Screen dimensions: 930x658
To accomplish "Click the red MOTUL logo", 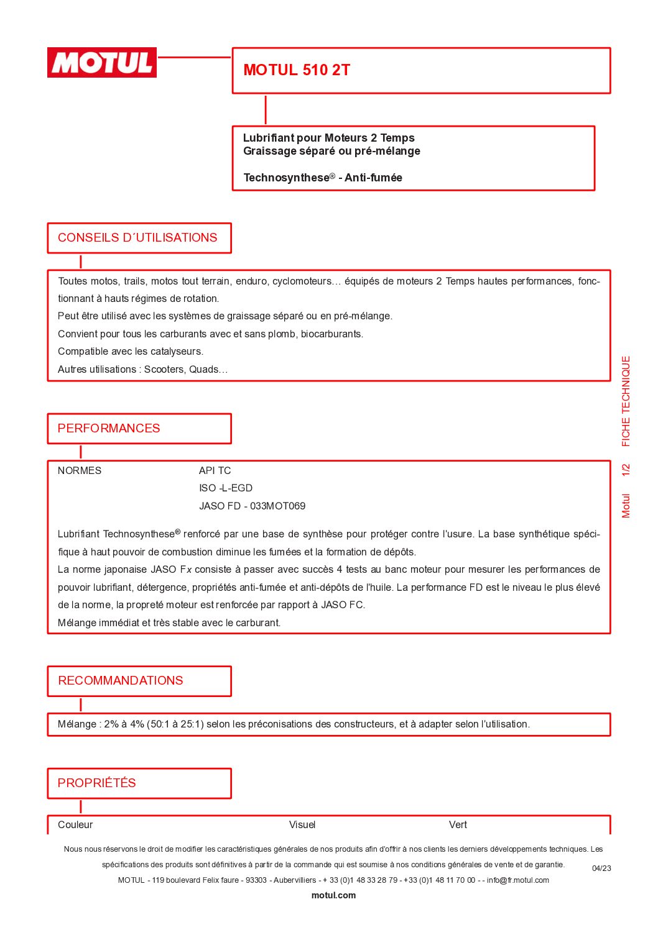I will [x=102, y=63].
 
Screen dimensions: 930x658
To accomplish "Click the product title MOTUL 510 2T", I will [x=297, y=70].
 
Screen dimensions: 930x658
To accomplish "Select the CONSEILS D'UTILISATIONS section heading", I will [x=137, y=238].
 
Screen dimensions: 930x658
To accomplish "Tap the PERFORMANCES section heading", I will [x=109, y=429].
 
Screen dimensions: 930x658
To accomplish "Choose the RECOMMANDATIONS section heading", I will [x=121, y=681].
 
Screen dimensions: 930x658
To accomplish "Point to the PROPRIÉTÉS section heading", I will [x=97, y=783].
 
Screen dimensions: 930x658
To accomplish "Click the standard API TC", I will [x=215, y=471].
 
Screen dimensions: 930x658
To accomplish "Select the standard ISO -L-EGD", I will [x=226, y=488].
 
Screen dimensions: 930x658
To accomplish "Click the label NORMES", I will [x=80, y=471].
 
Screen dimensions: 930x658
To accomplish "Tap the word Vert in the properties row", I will [x=458, y=825].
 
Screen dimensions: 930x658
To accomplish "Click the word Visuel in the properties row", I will [x=302, y=825].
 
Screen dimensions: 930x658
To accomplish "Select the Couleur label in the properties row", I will [x=75, y=825].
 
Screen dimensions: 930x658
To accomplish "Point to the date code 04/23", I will [x=601, y=868].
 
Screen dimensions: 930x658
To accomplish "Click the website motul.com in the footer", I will [x=333, y=896].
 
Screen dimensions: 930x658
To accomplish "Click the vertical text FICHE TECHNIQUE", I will [x=626, y=401].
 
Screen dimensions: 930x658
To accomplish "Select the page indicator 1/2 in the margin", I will [x=626, y=470].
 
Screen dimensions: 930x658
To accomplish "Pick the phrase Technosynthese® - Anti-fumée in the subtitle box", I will [x=323, y=178].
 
